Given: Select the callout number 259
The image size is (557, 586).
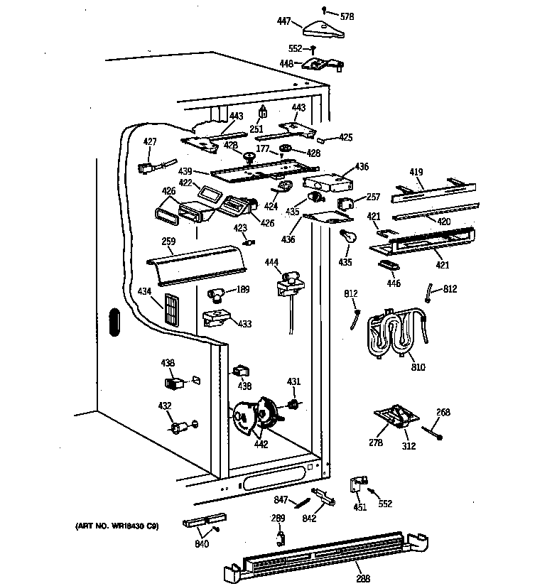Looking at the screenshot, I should point(168,242).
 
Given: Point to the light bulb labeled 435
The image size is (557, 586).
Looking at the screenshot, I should point(347,237).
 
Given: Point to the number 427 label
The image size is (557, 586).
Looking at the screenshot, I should point(149,142).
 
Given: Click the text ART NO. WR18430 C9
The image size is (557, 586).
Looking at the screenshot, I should point(117,526).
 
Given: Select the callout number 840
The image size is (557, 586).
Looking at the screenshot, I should point(202,545).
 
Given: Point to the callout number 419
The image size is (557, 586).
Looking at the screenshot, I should point(416,172).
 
